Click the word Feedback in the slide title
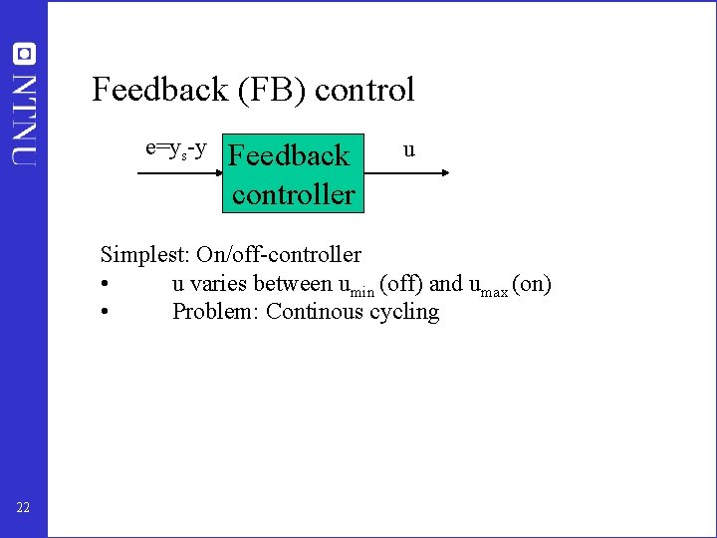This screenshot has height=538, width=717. click(x=149, y=90)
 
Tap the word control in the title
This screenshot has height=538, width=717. click(x=364, y=90)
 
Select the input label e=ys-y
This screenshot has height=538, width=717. click(x=176, y=149)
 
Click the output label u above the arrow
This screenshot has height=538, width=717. click(x=408, y=150)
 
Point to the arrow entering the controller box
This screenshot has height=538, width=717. click(x=179, y=173)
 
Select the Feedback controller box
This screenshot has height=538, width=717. click(x=293, y=173)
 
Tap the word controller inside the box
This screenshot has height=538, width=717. click(x=294, y=193)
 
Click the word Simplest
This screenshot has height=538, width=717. click(x=137, y=255)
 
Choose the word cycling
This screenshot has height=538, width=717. click(x=404, y=313)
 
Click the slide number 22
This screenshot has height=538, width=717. click(x=23, y=508)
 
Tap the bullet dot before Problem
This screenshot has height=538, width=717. click(x=105, y=312)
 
